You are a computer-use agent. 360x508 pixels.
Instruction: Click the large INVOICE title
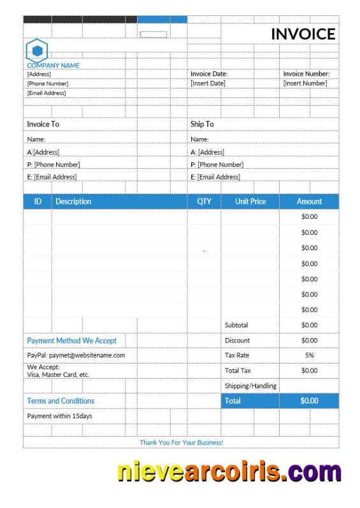tap(303, 34)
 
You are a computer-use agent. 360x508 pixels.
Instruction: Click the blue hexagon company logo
tap(37, 50)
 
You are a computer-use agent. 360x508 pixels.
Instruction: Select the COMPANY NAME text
tap(53, 65)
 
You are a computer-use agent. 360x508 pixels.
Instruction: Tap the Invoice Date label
tap(209, 74)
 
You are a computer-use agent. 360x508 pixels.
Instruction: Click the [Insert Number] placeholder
tap(305, 83)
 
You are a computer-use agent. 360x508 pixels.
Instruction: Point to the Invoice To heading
tap(43, 124)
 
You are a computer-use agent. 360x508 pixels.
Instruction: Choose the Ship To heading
tap(202, 124)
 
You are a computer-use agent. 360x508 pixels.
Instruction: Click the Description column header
tap(73, 201)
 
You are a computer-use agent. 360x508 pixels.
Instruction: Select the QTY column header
tap(204, 201)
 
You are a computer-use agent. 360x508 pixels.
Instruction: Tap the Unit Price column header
tap(250, 201)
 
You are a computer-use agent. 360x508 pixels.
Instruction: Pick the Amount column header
tap(309, 201)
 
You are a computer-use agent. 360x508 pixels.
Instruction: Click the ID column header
tap(38, 201)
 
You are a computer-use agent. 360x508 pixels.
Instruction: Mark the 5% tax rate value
tap(309, 355)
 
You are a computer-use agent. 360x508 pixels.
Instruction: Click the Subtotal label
tap(236, 325)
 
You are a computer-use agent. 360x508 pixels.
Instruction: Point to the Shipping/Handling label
tap(250, 386)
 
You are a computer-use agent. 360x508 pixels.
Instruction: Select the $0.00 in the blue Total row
tap(309, 401)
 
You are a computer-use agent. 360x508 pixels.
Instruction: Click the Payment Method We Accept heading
tap(72, 341)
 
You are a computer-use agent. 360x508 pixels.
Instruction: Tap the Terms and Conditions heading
tap(61, 401)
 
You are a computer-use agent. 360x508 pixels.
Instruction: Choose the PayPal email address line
tap(76, 355)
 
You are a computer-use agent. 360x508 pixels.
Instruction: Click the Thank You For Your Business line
tap(181, 442)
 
